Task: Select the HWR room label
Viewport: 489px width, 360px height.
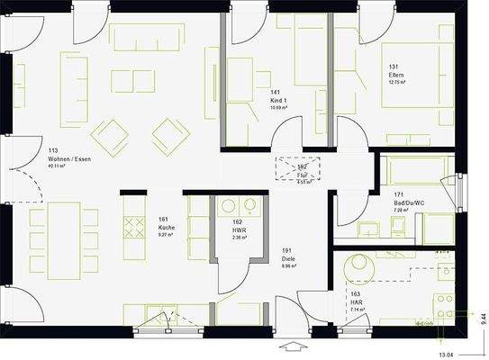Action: point(238,229)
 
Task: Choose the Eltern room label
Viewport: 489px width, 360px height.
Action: point(397,75)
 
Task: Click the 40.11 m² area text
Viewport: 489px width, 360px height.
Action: point(68,166)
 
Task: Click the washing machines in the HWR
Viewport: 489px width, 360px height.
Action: point(238,206)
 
